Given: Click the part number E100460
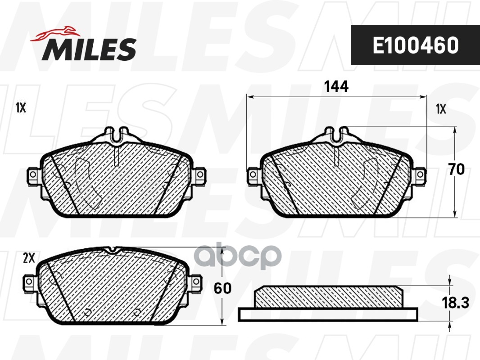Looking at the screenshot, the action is click(416, 45).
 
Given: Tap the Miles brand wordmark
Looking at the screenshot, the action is click(89, 49).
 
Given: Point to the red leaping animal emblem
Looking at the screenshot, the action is click(55, 33).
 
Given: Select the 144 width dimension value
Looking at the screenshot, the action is click(336, 86).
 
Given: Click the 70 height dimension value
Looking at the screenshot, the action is click(457, 169).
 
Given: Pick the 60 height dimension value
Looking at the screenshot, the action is click(222, 288).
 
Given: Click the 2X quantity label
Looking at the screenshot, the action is click(29, 259).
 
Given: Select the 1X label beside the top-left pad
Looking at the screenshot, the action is click(21, 108).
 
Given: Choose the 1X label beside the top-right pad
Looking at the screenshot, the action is click(441, 109).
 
